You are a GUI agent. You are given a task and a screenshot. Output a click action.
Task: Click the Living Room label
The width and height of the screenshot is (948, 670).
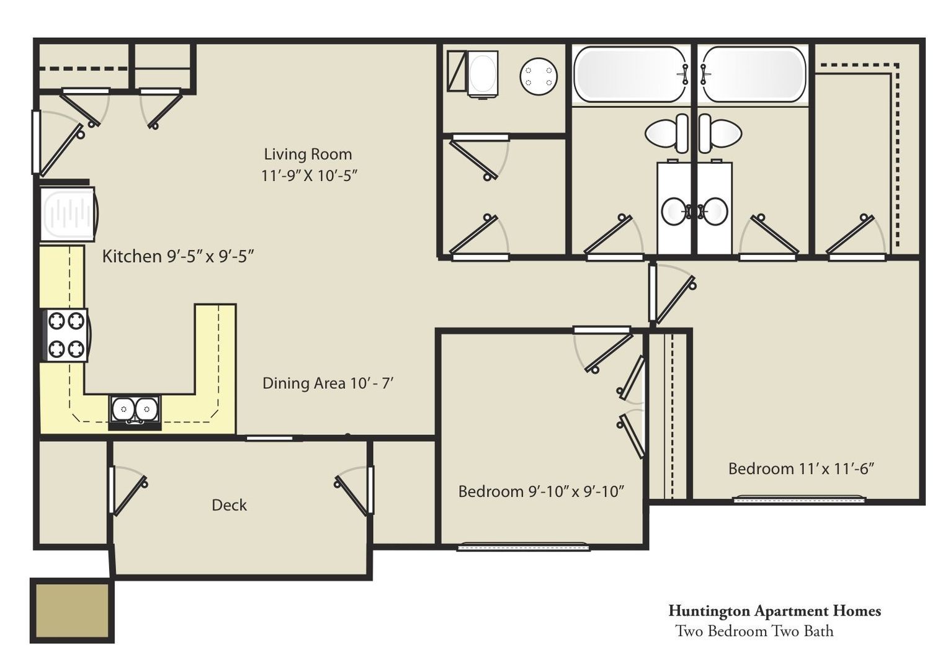click(x=308, y=154)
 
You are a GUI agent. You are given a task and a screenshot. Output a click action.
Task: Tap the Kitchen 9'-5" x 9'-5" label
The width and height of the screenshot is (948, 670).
click(x=177, y=256)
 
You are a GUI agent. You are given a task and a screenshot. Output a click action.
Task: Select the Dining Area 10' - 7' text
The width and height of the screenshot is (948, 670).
click(x=328, y=383)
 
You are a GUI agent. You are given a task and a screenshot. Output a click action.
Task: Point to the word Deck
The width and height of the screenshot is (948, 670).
click(x=229, y=505)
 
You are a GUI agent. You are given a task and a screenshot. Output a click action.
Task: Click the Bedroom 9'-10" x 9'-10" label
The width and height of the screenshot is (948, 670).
click(x=541, y=491)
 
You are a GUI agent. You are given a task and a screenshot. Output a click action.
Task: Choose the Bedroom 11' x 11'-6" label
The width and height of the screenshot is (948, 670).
click(x=801, y=468)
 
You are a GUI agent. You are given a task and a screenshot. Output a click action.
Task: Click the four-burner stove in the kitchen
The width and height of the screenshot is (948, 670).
click(x=66, y=335)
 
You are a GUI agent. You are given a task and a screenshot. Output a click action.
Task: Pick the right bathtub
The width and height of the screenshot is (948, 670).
click(x=753, y=74)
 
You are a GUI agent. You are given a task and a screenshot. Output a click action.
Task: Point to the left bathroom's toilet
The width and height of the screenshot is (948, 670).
click(x=667, y=133)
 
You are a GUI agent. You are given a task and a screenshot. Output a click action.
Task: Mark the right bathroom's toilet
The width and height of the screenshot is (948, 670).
click(x=720, y=133)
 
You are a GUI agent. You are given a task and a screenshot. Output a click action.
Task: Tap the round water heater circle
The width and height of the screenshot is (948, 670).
click(x=539, y=76)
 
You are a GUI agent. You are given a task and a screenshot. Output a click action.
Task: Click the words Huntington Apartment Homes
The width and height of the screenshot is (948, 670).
click(x=774, y=611)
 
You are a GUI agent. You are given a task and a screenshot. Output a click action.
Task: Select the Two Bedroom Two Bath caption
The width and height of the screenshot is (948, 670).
click(x=754, y=631)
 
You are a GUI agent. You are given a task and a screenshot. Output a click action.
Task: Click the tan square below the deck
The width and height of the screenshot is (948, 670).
click(x=73, y=610)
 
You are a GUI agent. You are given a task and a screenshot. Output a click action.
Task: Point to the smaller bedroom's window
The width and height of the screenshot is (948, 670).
click(x=524, y=547)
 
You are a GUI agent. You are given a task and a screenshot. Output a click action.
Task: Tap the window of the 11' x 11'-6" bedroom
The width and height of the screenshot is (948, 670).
click(x=799, y=499)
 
